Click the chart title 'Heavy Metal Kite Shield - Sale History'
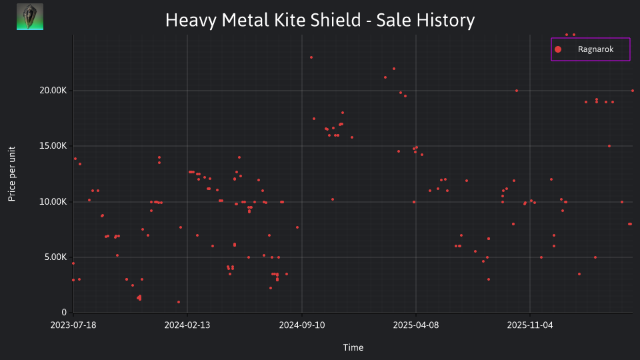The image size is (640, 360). click(320, 20)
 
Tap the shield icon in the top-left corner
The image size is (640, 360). click(30, 17)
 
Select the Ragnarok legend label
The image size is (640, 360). click(595, 49)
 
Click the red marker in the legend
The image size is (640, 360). click(558, 49)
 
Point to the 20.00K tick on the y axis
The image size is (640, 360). click(53, 91)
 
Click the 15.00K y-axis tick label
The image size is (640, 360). click(53, 146)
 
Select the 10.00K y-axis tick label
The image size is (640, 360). click(53, 201)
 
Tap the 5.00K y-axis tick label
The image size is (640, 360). click(55, 257)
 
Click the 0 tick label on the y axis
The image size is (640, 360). click(64, 313)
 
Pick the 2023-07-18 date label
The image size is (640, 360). click(73, 325)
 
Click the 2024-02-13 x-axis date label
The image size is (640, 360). click(187, 325)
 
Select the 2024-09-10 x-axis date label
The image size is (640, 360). click(302, 325)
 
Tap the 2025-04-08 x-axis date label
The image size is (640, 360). click(416, 325)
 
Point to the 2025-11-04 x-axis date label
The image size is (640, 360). click(530, 325)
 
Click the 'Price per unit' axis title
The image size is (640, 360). click(12, 174)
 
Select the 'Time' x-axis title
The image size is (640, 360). click(353, 348)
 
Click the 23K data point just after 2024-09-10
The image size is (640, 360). click(311, 57)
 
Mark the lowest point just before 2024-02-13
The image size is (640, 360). click(179, 302)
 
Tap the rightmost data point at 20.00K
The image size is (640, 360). click(633, 91)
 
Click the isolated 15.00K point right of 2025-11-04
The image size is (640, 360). click(609, 146)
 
